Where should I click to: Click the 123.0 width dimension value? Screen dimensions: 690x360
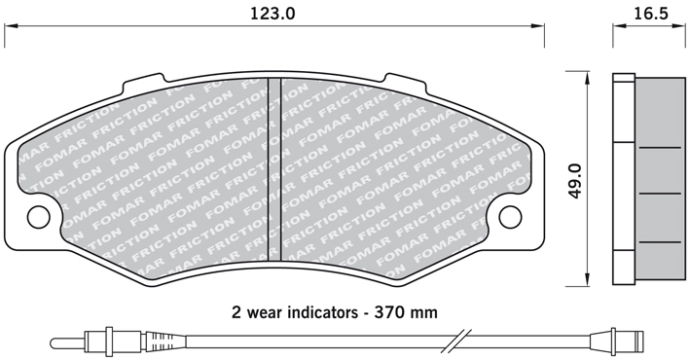tap(272, 14)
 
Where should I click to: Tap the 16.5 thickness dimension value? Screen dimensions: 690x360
tap(651, 14)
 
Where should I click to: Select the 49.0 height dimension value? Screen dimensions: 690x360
tap(575, 181)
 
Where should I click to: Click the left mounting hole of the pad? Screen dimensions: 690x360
tap(39, 216)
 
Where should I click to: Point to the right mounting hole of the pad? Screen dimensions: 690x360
tap(511, 216)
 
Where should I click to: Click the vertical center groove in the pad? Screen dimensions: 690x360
tap(274, 168)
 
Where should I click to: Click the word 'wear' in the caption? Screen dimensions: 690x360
tap(264, 313)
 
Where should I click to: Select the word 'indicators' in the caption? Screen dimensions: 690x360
tap(322, 312)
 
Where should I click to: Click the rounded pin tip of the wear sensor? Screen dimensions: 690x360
tap(54, 342)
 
